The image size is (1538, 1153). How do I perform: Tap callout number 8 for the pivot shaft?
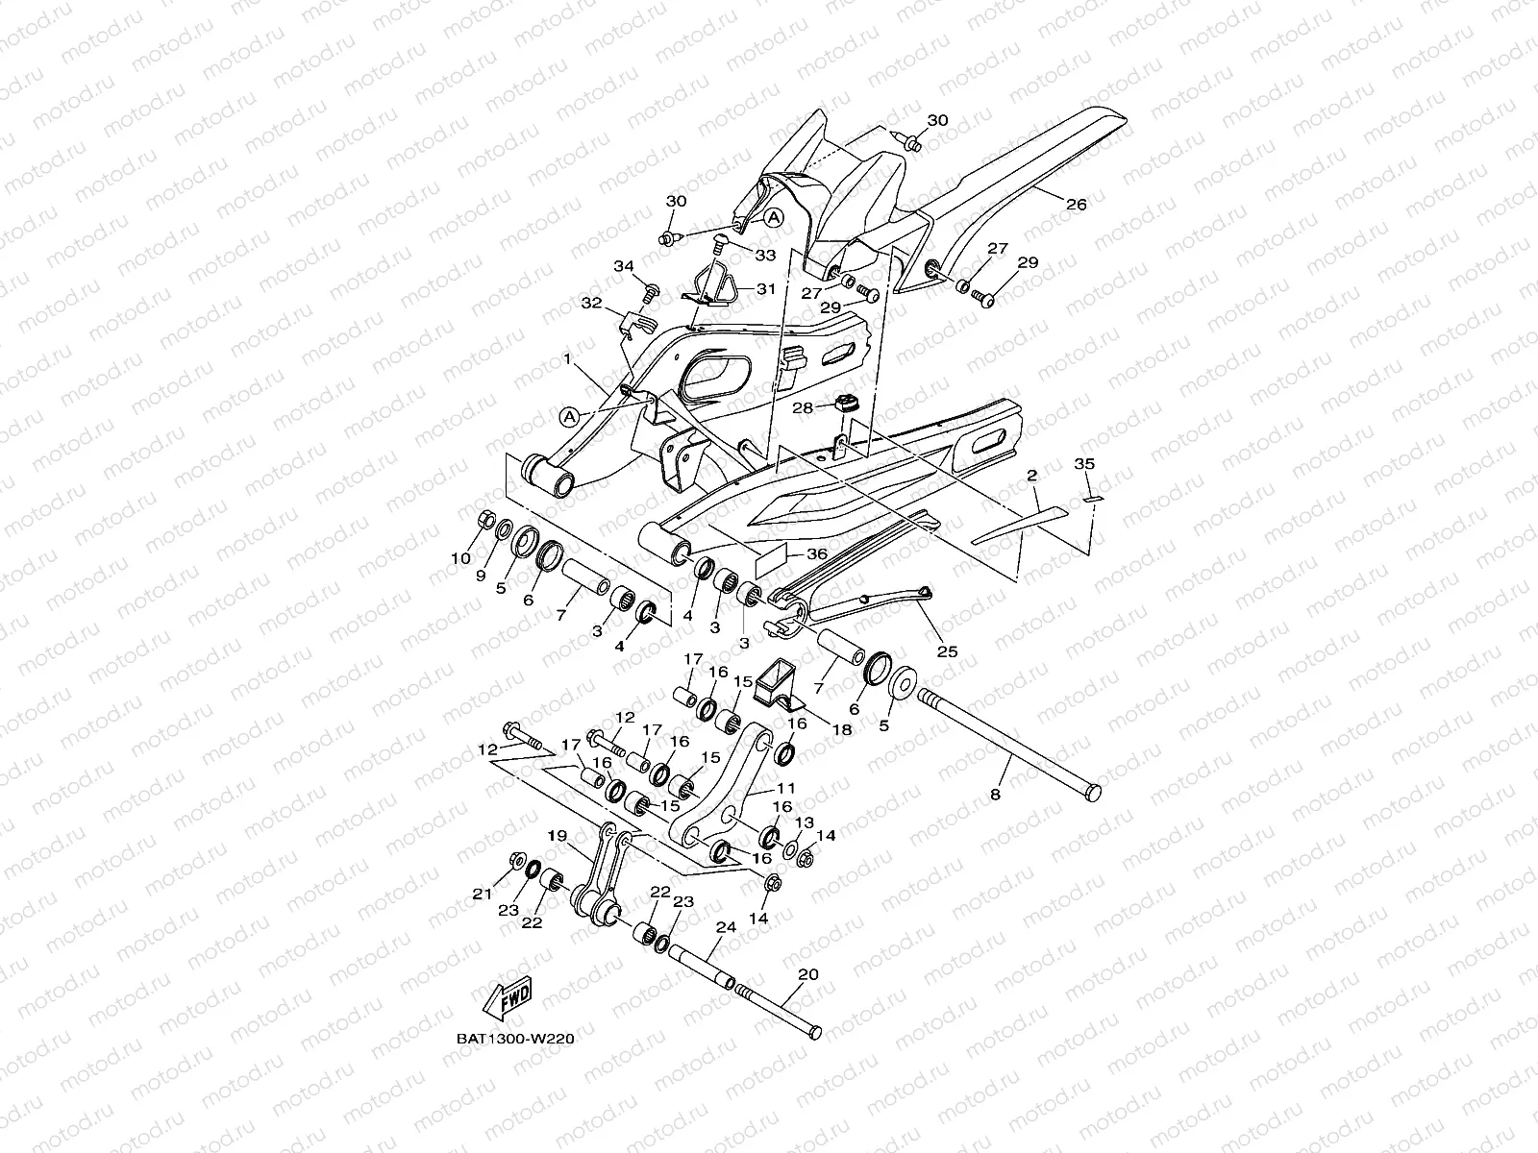(x=994, y=795)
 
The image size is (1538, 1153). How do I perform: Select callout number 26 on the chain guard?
(x=1077, y=204)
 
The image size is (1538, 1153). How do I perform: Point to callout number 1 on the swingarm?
(x=568, y=358)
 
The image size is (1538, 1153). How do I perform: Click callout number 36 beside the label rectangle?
(x=816, y=553)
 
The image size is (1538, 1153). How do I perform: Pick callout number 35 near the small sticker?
(x=1084, y=464)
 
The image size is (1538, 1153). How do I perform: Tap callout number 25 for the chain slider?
(x=947, y=650)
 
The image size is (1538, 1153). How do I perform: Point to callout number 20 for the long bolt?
(x=807, y=973)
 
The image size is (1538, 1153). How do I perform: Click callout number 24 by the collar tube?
(x=725, y=928)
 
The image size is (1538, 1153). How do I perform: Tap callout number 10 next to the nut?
(x=460, y=558)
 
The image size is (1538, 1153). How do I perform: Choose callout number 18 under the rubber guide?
(x=842, y=730)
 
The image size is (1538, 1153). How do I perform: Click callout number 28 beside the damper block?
(x=803, y=408)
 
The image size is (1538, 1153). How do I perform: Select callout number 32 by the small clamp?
(x=592, y=303)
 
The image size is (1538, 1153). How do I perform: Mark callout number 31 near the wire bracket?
(x=765, y=288)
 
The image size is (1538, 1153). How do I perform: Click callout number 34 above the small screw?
(x=624, y=265)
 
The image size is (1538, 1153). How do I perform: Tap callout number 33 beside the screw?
(x=765, y=255)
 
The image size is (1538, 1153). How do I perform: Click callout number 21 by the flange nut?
(x=482, y=894)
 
